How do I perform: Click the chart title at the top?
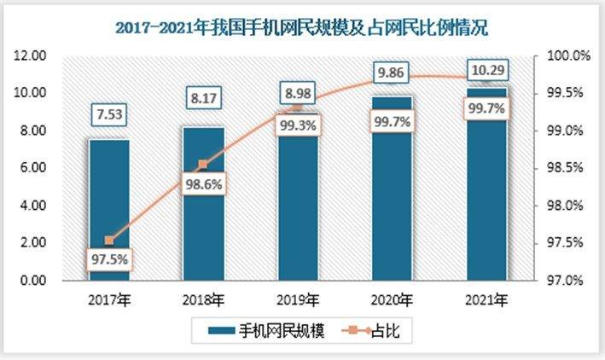pos(301,28)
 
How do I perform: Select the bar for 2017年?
pos(109,209)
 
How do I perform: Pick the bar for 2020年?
pos(392,188)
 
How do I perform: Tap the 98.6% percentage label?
pos(203,183)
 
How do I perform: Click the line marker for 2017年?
pos(109,241)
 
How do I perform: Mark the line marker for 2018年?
pos(203,164)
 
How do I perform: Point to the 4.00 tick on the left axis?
pos(32,206)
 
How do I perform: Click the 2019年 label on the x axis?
pos(298,299)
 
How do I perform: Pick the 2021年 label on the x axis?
pos(486,299)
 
